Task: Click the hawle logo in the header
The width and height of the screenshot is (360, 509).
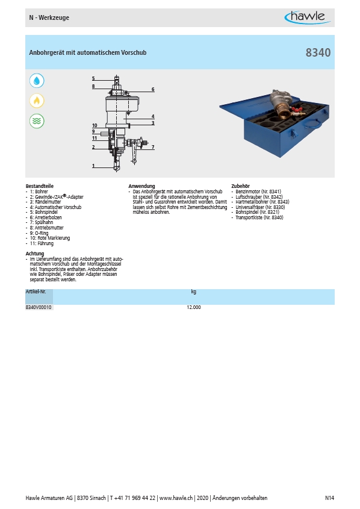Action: click(308, 17)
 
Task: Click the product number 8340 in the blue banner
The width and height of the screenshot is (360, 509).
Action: click(318, 52)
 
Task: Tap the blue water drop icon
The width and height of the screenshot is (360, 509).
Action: click(37, 81)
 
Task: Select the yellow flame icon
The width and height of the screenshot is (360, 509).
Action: click(37, 101)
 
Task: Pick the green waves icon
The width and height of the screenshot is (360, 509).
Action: click(37, 121)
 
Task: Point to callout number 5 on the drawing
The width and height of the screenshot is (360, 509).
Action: click(93, 78)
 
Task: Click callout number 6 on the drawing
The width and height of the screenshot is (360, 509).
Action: click(153, 89)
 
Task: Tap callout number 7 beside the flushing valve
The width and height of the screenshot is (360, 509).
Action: click(153, 147)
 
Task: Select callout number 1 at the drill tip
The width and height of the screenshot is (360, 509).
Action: click(93, 166)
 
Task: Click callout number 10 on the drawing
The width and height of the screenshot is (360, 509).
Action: click(95, 125)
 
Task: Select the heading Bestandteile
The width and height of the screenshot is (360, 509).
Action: click(40, 186)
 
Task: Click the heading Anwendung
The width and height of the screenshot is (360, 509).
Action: click(141, 186)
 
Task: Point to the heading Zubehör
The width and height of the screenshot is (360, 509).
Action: click(241, 186)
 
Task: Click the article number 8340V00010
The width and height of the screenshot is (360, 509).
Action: click(39, 307)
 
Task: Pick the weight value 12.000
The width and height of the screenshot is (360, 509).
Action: click(194, 307)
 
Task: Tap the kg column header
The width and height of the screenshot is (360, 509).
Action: click(194, 292)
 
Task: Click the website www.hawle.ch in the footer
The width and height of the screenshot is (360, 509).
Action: click(176, 498)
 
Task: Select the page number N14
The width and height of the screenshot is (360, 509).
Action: click(329, 498)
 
